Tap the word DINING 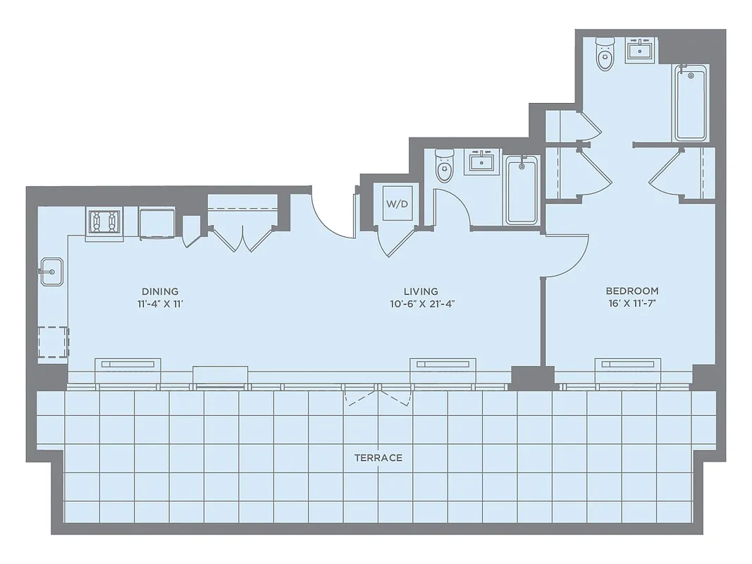pos(160,291)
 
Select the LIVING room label pos(421,291)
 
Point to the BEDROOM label pos(632,290)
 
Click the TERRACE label pos(378,458)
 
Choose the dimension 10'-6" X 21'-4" pos(421,305)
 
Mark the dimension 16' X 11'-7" pos(632,305)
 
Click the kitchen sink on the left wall pos(51,271)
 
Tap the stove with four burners pos(104,222)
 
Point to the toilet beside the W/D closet pos(444,167)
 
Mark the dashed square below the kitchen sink pos(54,343)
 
